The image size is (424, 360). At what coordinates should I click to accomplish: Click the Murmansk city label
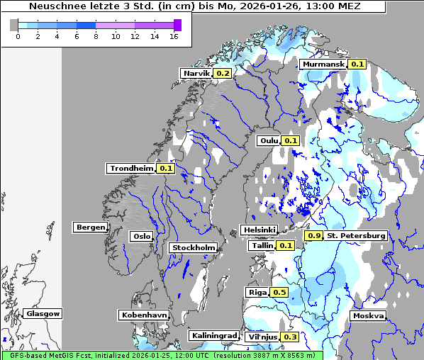pyautogui.click(x=324, y=64)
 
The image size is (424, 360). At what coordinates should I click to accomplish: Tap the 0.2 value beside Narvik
pyautogui.click(x=223, y=73)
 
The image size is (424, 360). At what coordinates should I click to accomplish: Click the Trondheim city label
pyautogui.click(x=131, y=168)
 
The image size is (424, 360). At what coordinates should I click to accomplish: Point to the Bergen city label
pyautogui.click(x=90, y=227)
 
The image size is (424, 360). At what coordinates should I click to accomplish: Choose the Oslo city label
pyautogui.click(x=141, y=236)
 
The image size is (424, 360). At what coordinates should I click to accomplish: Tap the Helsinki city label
pyautogui.click(x=259, y=230)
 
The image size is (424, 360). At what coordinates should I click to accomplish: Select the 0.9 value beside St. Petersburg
pyautogui.click(x=313, y=235)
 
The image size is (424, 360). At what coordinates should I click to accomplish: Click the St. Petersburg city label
pyautogui.click(x=355, y=235)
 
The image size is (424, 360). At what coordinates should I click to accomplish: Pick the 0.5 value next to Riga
pyautogui.click(x=279, y=292)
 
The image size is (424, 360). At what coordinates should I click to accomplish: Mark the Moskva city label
pyautogui.click(x=368, y=315)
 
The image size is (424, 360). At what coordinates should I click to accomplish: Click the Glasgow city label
pyautogui.click(x=43, y=313)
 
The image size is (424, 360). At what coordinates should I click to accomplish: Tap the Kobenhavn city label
pyautogui.click(x=144, y=314)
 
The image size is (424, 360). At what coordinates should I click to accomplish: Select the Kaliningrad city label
pyautogui.click(x=213, y=335)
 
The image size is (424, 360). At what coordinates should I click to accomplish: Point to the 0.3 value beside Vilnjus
pyautogui.click(x=289, y=337)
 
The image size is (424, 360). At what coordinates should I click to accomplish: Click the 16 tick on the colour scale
pyautogui.click(x=173, y=36)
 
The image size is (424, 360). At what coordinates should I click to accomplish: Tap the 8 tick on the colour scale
pyautogui.click(x=96, y=36)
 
